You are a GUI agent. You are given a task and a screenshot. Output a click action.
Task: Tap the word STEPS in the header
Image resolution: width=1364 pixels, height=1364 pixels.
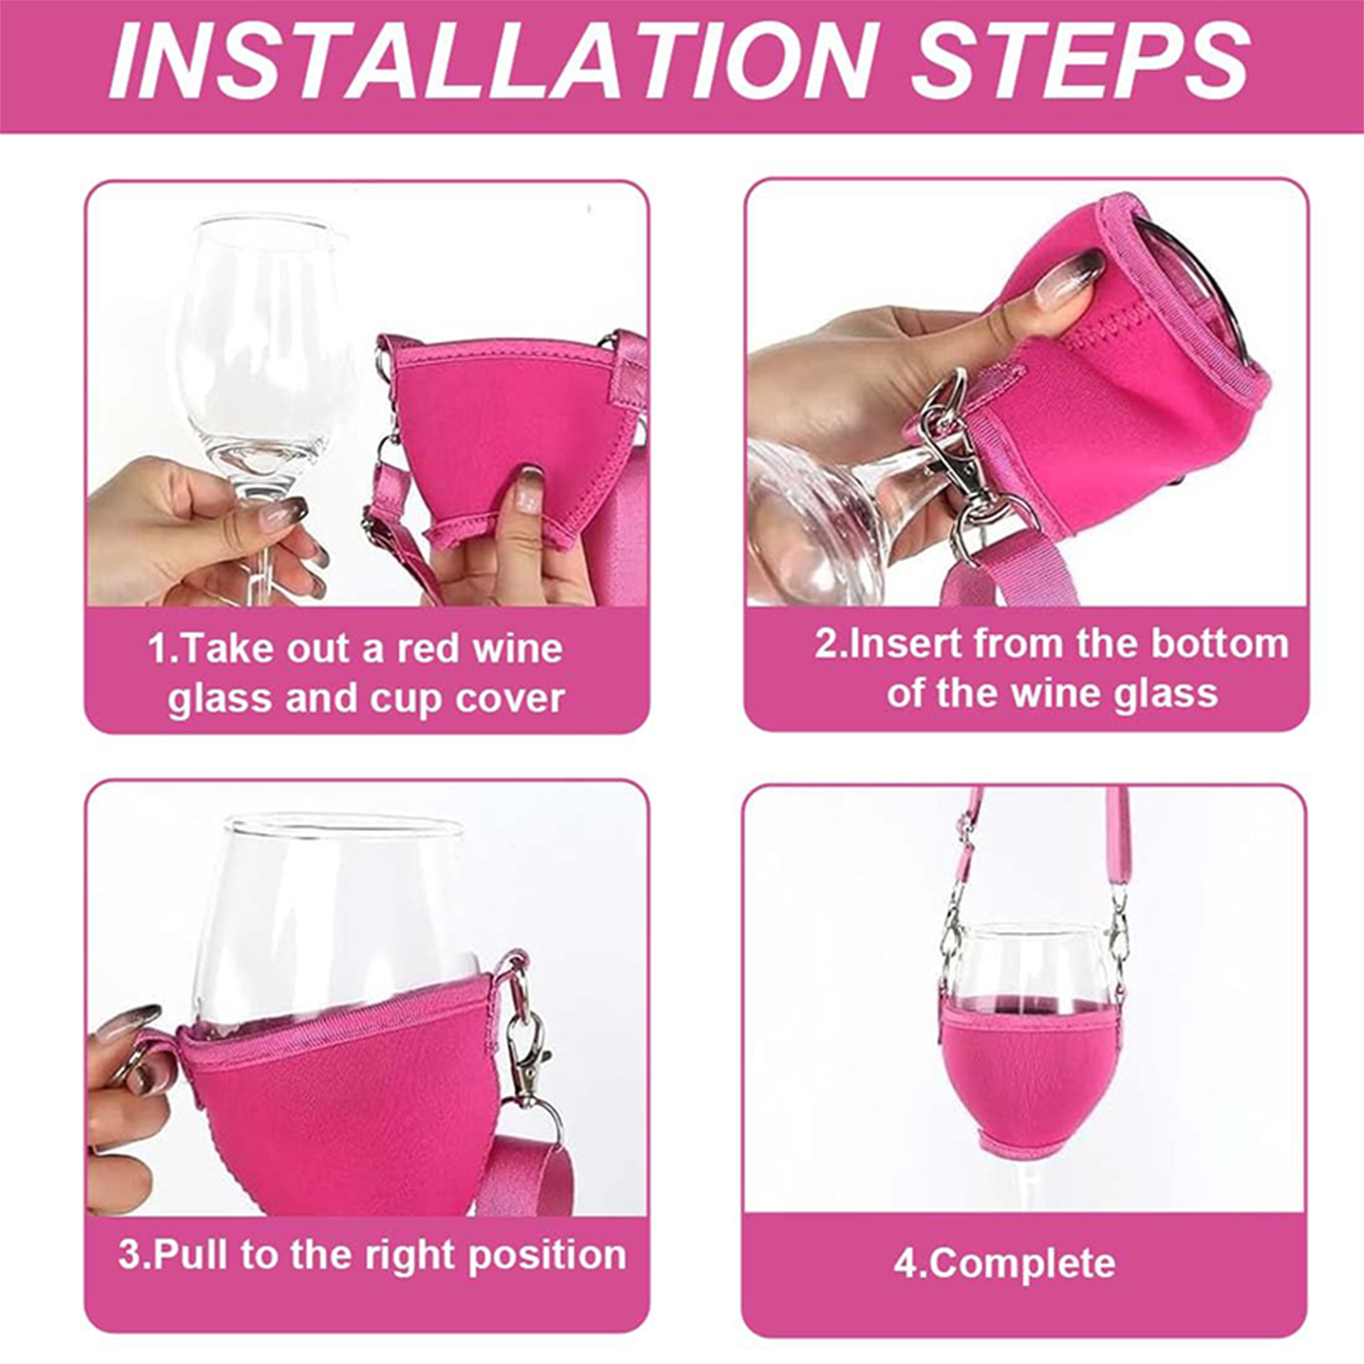pos(1081,61)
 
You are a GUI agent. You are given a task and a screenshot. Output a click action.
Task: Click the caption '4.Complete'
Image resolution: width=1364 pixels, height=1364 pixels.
pos(1004,1263)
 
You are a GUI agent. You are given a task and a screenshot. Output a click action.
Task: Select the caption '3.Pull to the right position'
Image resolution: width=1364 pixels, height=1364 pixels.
pos(373,1255)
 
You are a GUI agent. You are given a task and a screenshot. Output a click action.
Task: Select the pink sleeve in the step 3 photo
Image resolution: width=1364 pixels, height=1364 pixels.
pos(341,1100)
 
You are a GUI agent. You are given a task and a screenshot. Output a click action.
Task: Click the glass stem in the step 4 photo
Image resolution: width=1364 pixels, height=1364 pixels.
pos(1034,1185)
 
